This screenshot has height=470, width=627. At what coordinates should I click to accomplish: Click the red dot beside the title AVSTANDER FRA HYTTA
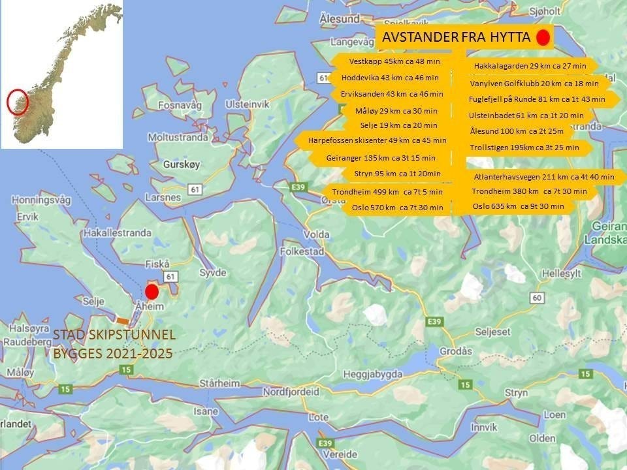tap(542, 38)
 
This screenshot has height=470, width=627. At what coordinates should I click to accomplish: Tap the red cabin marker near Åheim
tap(152, 291)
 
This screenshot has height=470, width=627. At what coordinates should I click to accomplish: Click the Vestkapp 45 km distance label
tap(385, 61)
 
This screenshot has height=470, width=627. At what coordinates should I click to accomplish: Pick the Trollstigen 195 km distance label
tap(524, 148)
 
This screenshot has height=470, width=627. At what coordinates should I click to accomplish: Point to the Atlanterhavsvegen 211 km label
tap(543, 177)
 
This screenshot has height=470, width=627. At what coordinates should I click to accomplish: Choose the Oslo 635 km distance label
tap(517, 206)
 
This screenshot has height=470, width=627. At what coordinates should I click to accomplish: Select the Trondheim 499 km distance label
tap(387, 192)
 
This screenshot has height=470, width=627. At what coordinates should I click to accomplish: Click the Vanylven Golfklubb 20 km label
tap(534, 84)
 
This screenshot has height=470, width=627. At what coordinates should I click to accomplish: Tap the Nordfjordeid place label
tap(291, 392)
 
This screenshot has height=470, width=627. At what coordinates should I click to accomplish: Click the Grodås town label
tap(455, 351)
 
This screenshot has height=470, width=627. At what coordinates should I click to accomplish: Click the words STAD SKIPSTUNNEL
tap(114, 336)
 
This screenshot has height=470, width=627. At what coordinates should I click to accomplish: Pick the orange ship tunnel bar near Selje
tap(122, 320)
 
